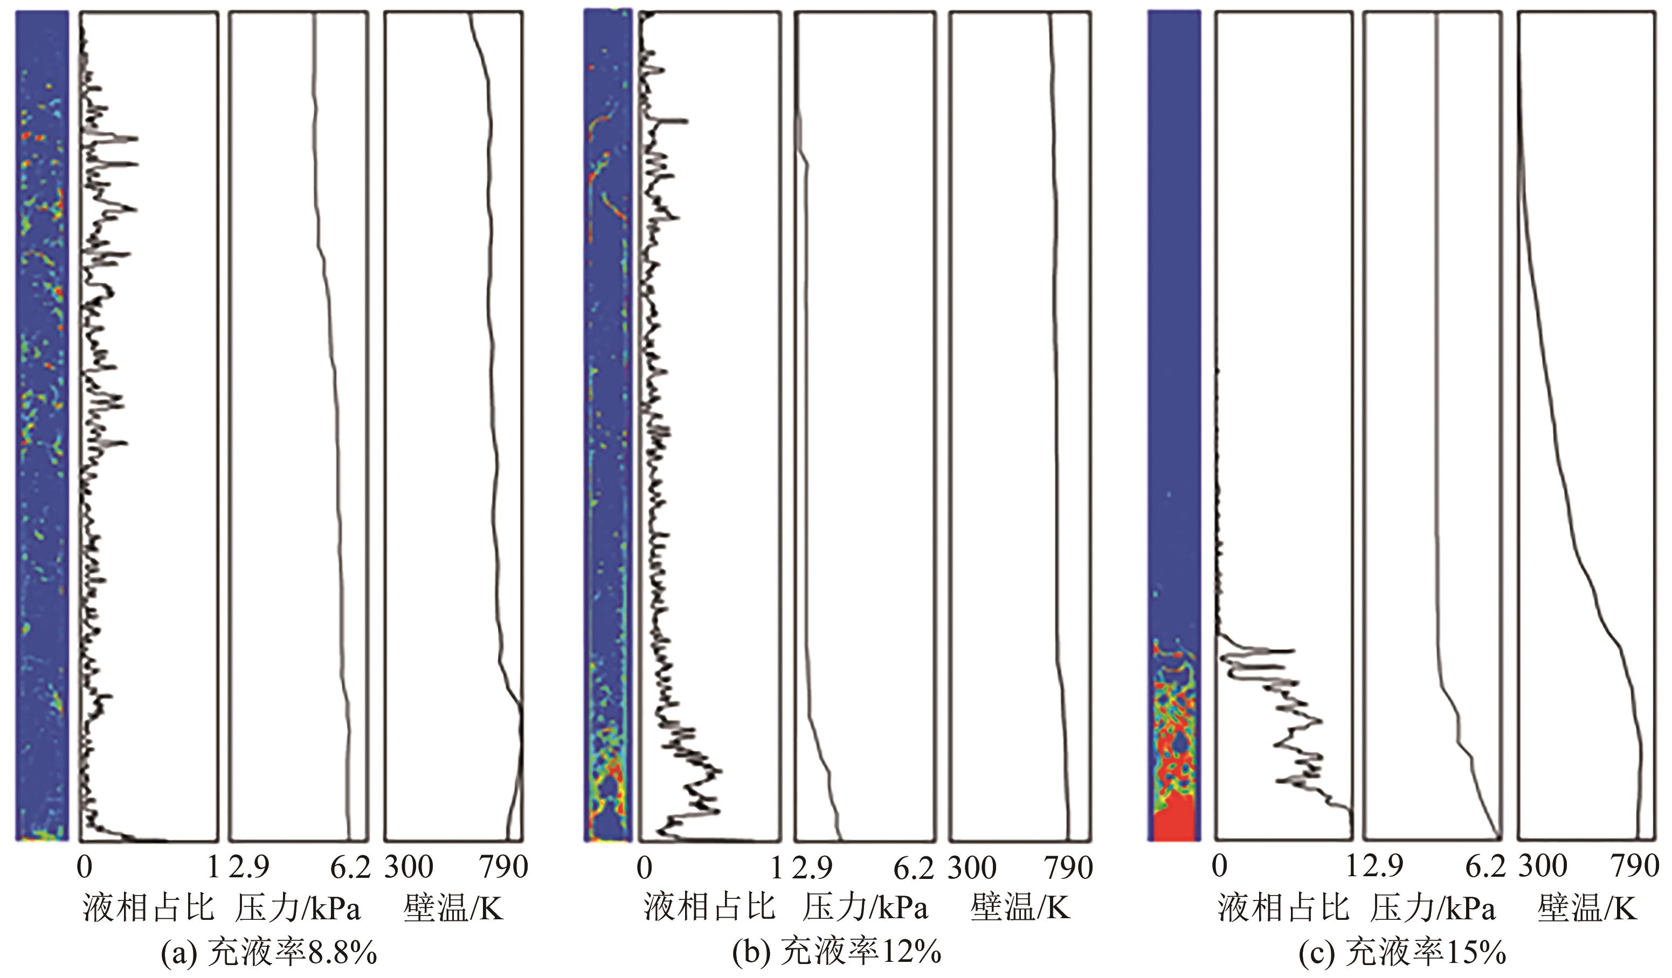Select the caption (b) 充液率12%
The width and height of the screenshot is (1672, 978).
click(x=837, y=953)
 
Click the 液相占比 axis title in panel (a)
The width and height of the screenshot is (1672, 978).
click(x=149, y=907)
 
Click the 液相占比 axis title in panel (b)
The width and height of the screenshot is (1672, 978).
click(x=709, y=907)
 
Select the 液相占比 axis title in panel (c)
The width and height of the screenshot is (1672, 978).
click(x=1283, y=907)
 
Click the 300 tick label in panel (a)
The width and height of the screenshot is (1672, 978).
click(x=409, y=867)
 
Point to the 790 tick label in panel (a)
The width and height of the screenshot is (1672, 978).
click(x=503, y=867)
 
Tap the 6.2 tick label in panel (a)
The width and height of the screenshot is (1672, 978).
click(x=350, y=867)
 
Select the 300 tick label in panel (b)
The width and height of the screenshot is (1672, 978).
click(x=972, y=867)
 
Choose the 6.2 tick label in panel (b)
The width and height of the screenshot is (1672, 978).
click(x=914, y=867)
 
